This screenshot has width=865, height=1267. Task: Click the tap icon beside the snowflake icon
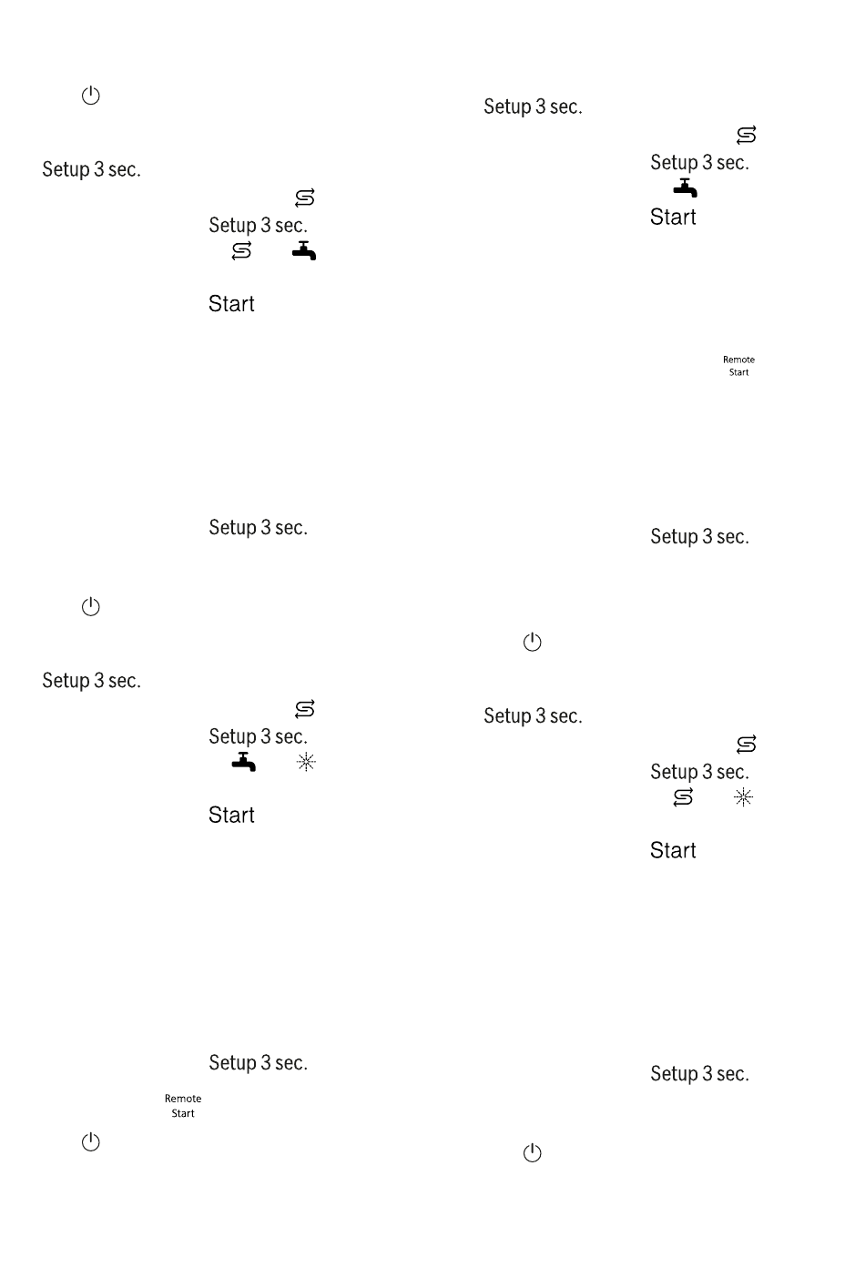coord(243,761)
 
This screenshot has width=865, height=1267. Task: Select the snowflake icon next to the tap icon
coord(306,762)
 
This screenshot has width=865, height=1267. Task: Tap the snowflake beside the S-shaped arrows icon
coord(743,797)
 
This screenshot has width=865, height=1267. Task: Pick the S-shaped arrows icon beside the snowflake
coord(683,797)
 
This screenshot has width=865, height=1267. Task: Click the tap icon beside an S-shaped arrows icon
coord(304,250)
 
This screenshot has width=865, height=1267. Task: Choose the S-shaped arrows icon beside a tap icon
coord(241,250)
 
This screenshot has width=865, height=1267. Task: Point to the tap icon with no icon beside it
coord(685,188)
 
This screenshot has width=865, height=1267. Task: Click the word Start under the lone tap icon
coord(673,217)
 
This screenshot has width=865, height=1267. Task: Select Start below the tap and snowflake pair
coord(231,815)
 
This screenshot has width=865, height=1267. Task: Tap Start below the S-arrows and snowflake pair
coord(673,850)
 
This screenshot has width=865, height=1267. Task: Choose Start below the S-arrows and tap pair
coord(231,304)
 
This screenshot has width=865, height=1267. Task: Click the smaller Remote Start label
coord(738,366)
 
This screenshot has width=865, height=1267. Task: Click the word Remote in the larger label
coord(183,1099)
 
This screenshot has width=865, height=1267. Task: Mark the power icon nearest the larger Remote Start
coord(90,1141)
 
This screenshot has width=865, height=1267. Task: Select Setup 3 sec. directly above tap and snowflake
coord(258,736)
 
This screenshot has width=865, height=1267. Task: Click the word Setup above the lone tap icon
coord(675,163)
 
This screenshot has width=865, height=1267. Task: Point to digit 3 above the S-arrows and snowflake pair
coord(707,772)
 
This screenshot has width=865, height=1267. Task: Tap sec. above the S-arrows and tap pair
coord(290,225)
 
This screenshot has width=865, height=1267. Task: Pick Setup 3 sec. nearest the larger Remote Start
coord(258,1063)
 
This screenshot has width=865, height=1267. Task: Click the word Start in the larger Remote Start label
coord(183,1113)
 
